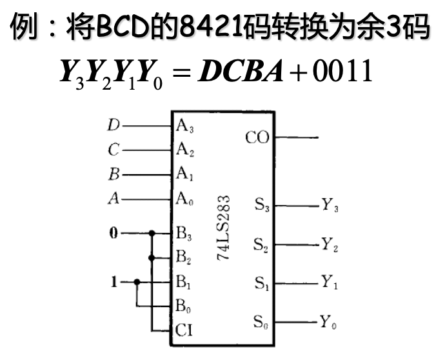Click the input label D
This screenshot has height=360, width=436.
pyautogui.click(x=114, y=125)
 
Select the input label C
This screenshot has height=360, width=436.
pyautogui.click(x=114, y=150)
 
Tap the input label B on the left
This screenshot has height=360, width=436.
pyautogui.click(x=114, y=174)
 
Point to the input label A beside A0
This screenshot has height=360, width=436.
pyautogui.click(x=114, y=199)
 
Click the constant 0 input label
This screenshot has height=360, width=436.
pyautogui.click(x=114, y=233)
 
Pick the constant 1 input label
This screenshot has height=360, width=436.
pyautogui.click(x=114, y=282)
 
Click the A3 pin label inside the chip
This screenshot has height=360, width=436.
pyautogui.click(x=185, y=126)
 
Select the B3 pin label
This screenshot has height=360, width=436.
pyautogui.click(x=185, y=234)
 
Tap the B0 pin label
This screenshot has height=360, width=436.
pyautogui.click(x=185, y=306)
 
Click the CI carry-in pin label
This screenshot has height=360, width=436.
pyautogui.click(x=184, y=331)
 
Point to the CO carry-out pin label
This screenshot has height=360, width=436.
pyautogui.click(x=258, y=137)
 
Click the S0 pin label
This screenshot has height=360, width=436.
pyautogui.click(x=262, y=321)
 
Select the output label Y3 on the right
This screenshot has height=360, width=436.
pyautogui.click(x=330, y=206)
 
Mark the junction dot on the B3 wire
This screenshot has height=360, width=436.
pyautogui.click(x=152, y=233)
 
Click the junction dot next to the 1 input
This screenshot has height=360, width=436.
pyautogui.click(x=137, y=282)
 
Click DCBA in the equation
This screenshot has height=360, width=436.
pyautogui.click(x=241, y=72)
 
